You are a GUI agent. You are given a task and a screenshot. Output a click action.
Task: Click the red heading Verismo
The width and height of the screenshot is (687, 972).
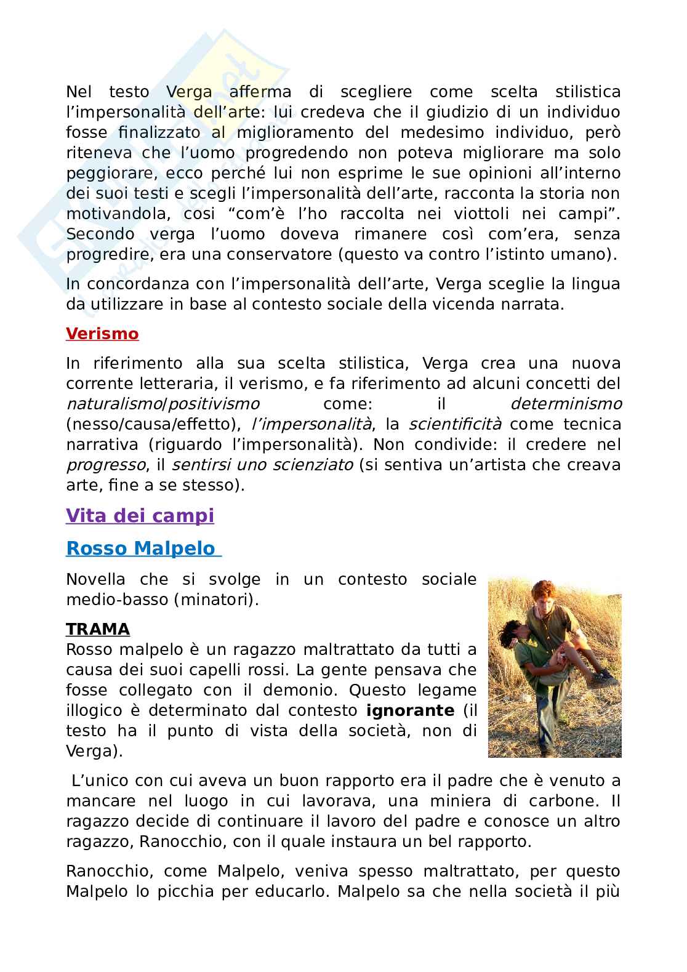click(102, 334)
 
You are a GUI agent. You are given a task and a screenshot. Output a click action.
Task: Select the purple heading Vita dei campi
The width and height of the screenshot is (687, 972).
click(140, 515)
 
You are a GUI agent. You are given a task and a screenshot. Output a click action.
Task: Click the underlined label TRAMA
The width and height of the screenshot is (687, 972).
click(98, 629)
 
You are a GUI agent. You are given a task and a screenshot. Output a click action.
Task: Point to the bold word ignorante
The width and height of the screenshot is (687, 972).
click(410, 710)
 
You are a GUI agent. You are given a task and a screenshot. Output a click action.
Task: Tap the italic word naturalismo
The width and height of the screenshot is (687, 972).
click(113, 404)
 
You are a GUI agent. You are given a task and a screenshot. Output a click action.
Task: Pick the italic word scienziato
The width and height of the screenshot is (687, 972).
click(304, 465)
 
